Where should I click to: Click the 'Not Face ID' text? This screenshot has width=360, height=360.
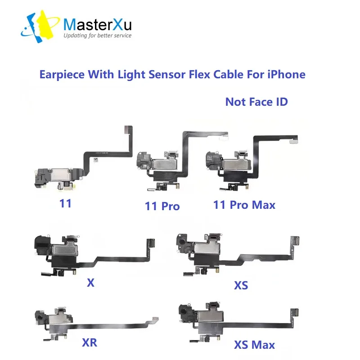[256, 101]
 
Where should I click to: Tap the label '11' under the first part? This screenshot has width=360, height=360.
[65, 203]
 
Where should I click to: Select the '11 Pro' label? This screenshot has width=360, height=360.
[162, 206]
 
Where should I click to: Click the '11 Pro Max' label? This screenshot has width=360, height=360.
[244, 205]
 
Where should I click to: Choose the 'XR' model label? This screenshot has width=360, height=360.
[90, 342]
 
